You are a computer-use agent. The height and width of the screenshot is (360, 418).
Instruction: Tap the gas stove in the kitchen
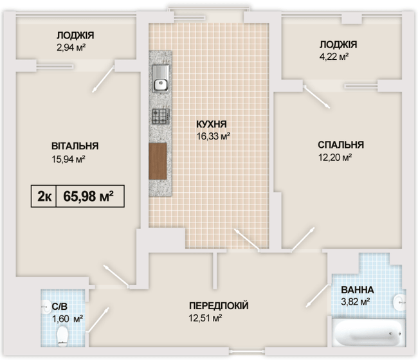(x=159, y=116)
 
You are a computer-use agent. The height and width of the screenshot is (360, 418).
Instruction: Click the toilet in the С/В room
(x=63, y=335)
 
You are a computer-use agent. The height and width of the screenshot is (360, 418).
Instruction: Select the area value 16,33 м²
(x=213, y=136)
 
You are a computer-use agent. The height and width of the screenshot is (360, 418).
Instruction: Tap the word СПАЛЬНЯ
(x=341, y=145)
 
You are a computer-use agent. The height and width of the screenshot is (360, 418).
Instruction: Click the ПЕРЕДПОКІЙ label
(x=219, y=306)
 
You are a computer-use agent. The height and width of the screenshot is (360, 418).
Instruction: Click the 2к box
(x=44, y=195)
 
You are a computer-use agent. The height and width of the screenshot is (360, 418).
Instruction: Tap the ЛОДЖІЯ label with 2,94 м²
(x=76, y=35)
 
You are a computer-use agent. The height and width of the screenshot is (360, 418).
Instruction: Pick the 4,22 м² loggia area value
(x=334, y=57)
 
